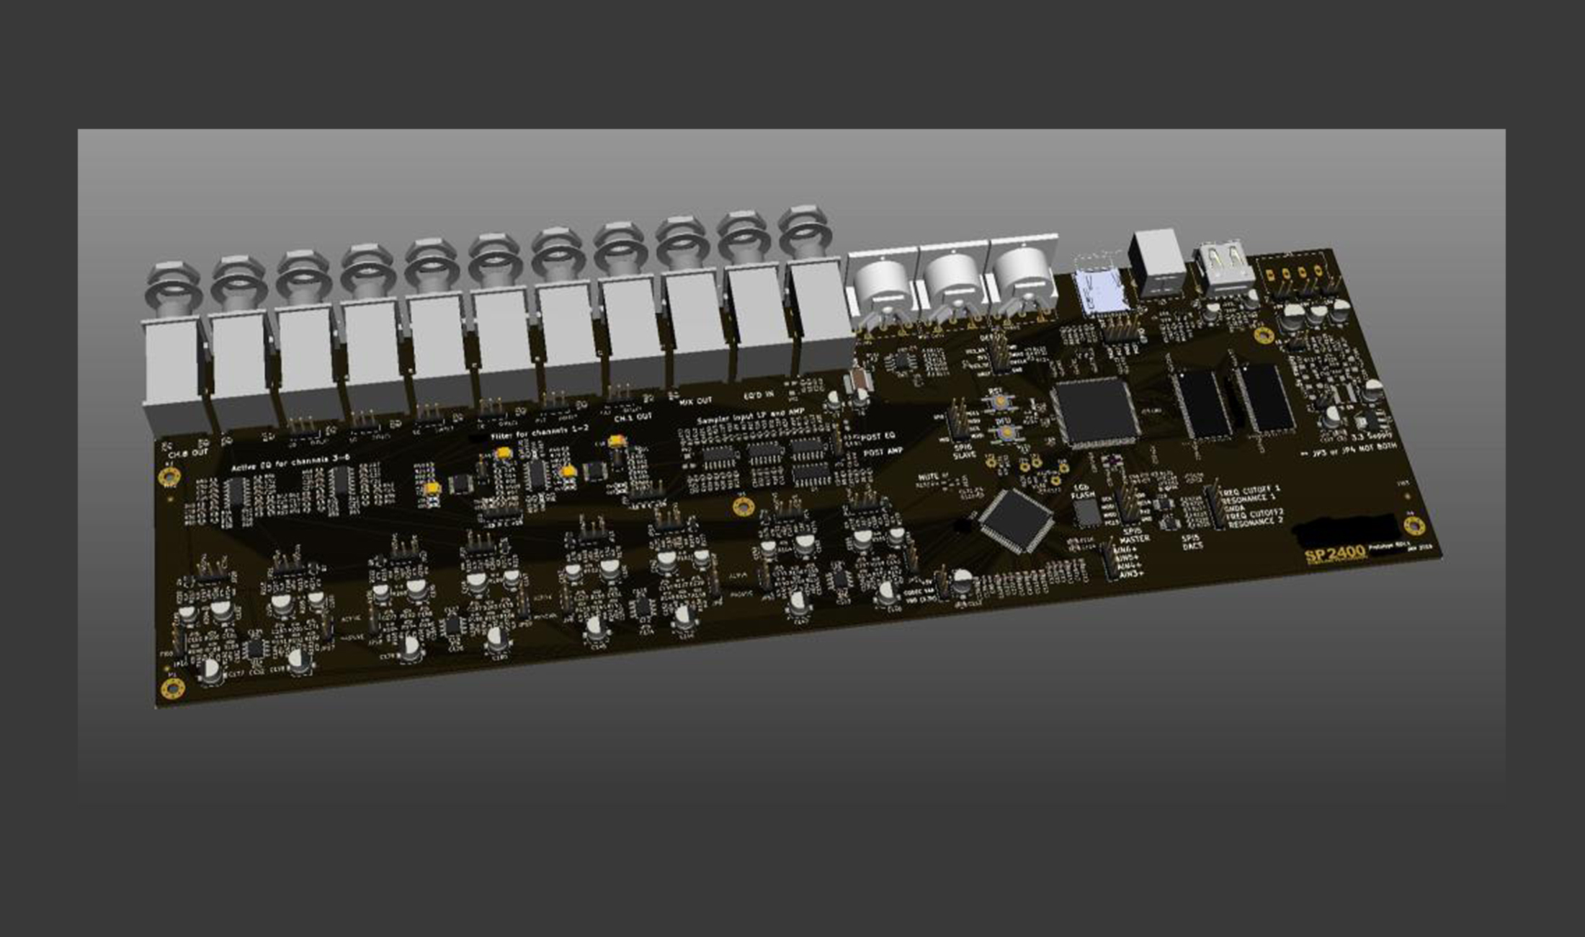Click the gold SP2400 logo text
tap(1335, 554)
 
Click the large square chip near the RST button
tap(1095, 412)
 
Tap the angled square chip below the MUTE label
tap(1017, 520)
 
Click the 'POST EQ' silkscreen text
tap(878, 437)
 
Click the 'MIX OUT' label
tap(695, 400)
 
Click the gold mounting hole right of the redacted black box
tap(1414, 525)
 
